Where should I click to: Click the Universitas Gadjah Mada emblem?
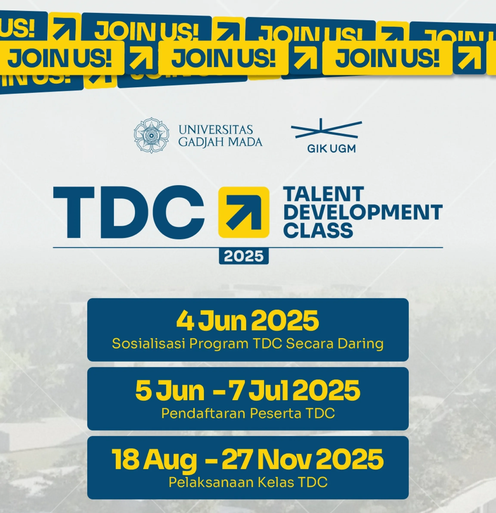click(151, 135)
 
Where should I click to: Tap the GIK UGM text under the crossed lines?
click(331, 149)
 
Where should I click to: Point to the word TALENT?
click(324, 194)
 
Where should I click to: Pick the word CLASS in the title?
click(318, 230)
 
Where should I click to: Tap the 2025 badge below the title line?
click(243, 256)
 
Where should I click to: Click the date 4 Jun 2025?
click(248, 321)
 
